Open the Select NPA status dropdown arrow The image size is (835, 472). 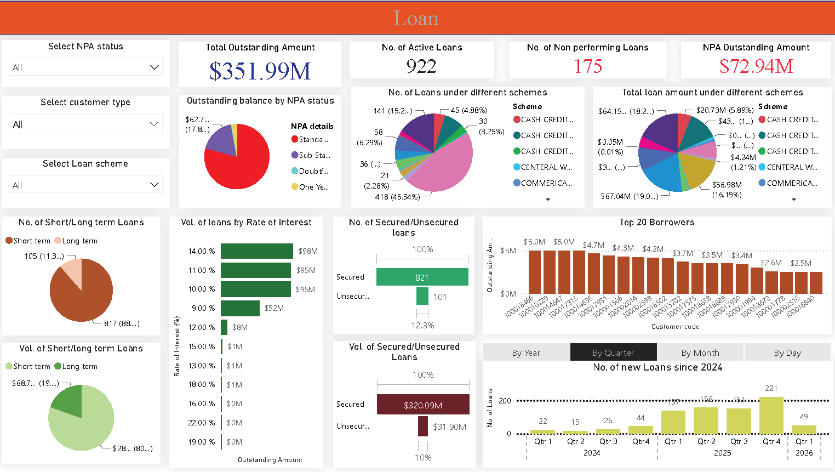155,67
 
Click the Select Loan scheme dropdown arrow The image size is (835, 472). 155,185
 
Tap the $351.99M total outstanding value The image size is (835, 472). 260,71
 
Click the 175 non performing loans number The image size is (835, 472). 587,66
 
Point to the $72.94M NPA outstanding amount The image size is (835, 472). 756,66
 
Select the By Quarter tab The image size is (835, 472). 613,352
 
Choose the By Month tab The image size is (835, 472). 700,352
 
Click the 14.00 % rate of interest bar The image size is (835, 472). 256,251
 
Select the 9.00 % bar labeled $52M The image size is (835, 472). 240,308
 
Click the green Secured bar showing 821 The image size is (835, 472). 422,277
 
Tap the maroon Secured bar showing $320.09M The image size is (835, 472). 422,405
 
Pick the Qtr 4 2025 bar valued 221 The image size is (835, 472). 771,416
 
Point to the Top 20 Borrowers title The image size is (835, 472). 656,222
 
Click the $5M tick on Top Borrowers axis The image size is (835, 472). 508,251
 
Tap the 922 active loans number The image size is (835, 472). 421,66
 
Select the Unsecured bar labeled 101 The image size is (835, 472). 422,296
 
